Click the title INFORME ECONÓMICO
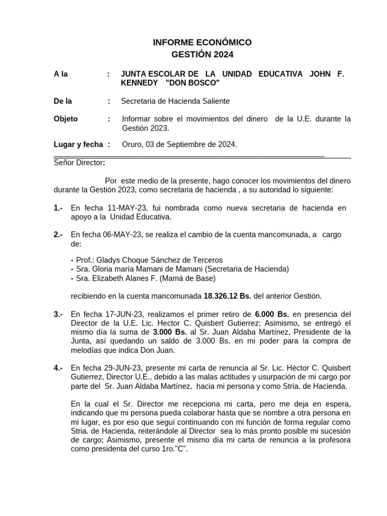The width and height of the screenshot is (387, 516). (x=202, y=42)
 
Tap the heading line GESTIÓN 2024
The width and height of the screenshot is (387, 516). (x=202, y=54)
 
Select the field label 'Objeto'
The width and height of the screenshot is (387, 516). (x=66, y=119)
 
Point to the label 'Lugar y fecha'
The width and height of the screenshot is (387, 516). (x=78, y=145)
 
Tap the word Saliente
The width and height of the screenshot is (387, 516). (x=214, y=101)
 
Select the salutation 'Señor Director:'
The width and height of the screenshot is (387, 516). (x=80, y=162)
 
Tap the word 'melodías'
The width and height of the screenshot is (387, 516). (x=88, y=350)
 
